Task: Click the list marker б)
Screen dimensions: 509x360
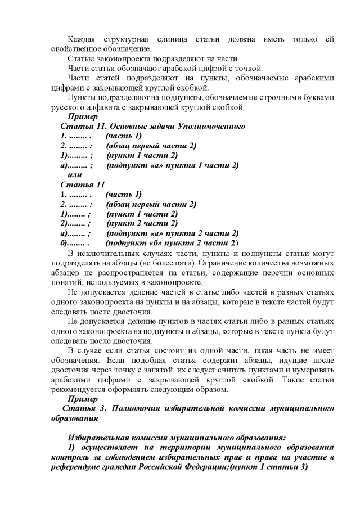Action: [65, 243]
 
